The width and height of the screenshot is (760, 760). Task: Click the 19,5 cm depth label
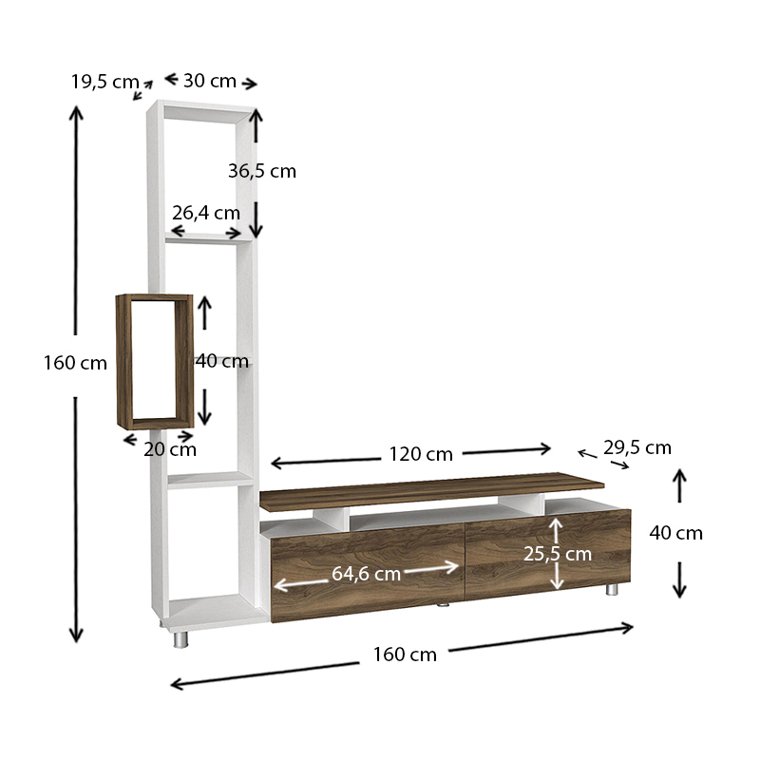click(x=104, y=82)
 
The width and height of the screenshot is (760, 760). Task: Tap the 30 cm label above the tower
click(x=209, y=81)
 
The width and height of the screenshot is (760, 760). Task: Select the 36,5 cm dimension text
click(x=262, y=171)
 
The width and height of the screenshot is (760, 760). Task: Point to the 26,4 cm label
click(x=206, y=213)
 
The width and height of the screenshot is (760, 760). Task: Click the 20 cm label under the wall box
click(x=170, y=449)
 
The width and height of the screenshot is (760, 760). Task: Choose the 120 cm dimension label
click(x=421, y=453)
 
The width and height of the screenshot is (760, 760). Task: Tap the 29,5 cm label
click(x=636, y=447)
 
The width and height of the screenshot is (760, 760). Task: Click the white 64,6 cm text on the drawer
click(x=366, y=573)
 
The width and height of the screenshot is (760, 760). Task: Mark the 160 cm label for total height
click(x=75, y=363)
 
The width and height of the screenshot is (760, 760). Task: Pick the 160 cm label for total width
click(x=405, y=654)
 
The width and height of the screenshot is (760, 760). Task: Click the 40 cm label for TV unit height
click(x=676, y=533)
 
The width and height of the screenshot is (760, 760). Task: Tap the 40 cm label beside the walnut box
click(x=222, y=361)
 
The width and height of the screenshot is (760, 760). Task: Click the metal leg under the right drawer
click(x=611, y=589)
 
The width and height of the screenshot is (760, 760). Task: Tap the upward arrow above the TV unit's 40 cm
click(x=678, y=484)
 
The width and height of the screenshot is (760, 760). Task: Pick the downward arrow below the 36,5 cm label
click(x=256, y=221)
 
